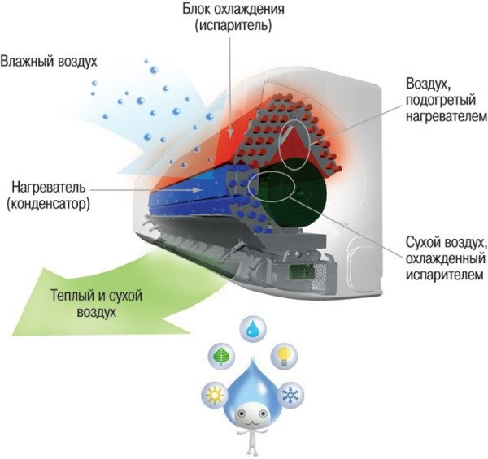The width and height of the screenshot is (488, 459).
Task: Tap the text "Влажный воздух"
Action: (49, 62)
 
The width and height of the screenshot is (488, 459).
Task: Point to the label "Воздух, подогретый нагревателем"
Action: (445, 100)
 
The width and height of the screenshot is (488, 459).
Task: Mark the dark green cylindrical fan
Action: (303, 194)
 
